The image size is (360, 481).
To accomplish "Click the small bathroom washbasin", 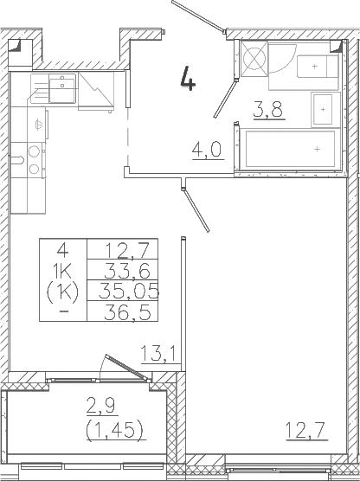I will click(323, 109).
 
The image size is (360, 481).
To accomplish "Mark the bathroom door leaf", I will click(232, 85).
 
